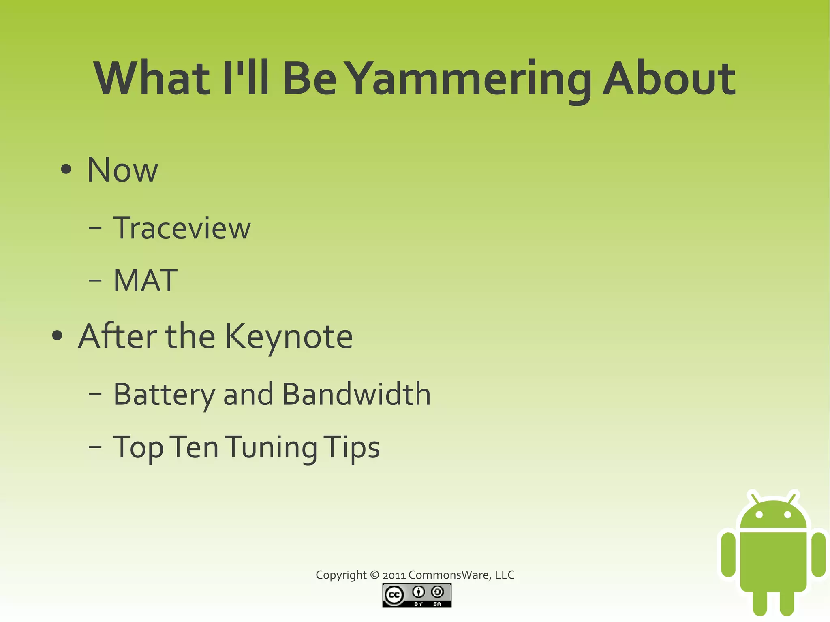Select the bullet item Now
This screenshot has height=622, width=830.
pyautogui.click(x=122, y=170)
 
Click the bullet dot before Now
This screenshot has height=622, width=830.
pyautogui.click(x=66, y=170)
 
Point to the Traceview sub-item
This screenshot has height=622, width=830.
pyautogui.click(x=182, y=228)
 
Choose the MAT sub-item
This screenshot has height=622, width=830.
pyautogui.click(x=145, y=280)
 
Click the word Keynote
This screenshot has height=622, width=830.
pyautogui.click(x=289, y=336)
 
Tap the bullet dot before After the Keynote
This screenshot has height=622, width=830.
pyautogui.click(x=58, y=336)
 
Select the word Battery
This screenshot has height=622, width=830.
pyautogui.click(x=164, y=394)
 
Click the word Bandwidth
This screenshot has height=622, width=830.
pyautogui.click(x=356, y=394)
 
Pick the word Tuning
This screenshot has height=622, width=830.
pyautogui.click(x=271, y=447)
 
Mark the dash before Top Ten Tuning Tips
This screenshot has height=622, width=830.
pyautogui.click(x=95, y=447)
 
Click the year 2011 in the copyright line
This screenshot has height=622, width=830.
pyautogui.click(x=394, y=575)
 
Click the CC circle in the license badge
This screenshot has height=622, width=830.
pyautogui.click(x=394, y=595)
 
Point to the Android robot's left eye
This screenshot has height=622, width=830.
pyautogui.click(x=759, y=515)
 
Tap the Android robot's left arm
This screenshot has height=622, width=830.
pyautogui.click(x=728, y=554)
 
